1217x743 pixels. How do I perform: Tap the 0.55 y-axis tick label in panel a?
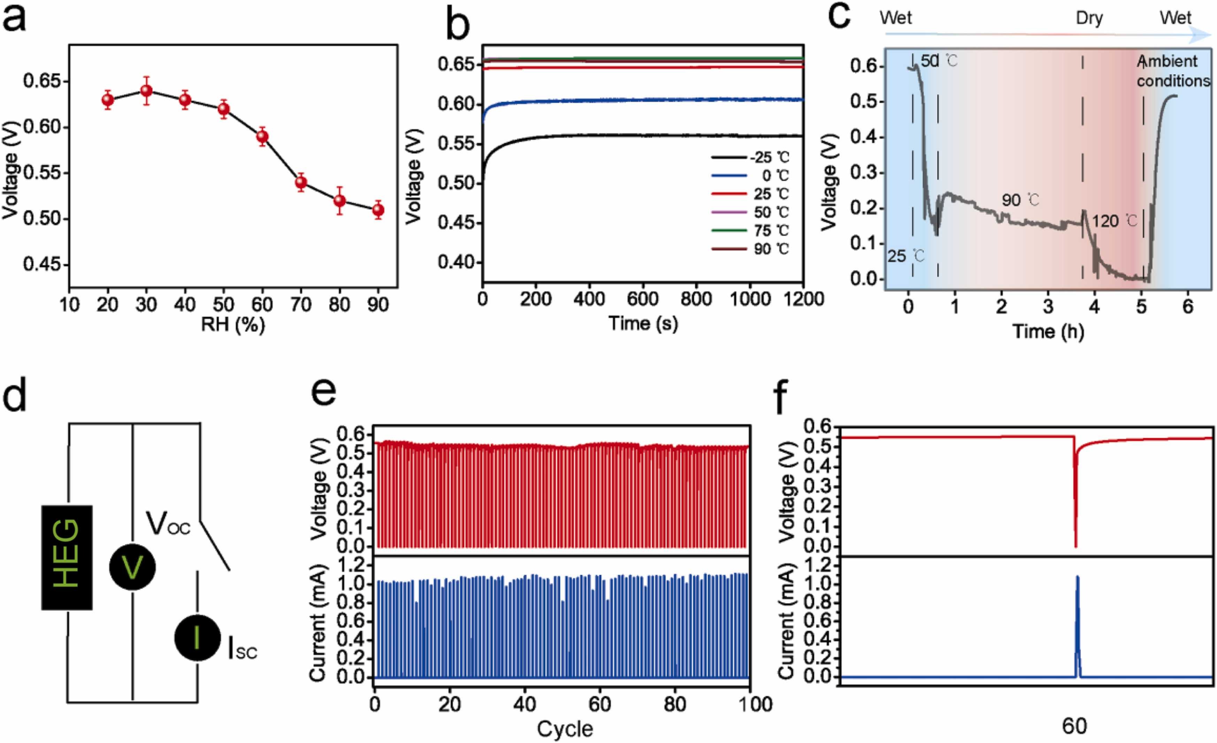(x=44, y=173)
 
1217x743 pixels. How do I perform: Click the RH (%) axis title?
(x=233, y=324)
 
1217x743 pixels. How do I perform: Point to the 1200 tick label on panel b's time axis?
(x=803, y=299)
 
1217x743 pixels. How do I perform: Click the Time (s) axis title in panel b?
(x=643, y=323)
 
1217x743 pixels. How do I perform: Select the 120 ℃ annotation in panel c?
(x=1114, y=221)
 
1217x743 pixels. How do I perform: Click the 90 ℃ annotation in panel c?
(x=1020, y=200)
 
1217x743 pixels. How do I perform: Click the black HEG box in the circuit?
(x=67, y=557)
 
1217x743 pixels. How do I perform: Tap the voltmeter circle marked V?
(x=132, y=567)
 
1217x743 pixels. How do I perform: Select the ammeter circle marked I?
(x=197, y=637)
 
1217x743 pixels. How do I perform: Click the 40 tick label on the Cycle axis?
(x=525, y=704)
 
